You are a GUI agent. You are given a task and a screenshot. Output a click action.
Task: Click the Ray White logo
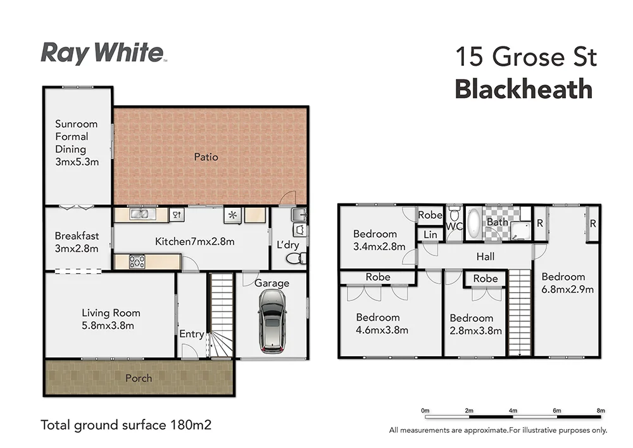[x=103, y=53]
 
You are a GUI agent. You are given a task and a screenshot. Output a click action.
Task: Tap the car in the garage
[x=272, y=326]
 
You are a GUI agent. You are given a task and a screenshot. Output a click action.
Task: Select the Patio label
[x=206, y=156]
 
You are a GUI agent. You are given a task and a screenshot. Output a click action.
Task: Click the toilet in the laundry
[x=296, y=259]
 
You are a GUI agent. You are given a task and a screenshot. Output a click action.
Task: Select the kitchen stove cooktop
[x=137, y=261]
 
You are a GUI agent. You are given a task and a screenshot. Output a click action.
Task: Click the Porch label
[x=139, y=378]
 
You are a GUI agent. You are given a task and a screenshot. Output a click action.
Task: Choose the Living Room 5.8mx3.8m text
[x=111, y=319]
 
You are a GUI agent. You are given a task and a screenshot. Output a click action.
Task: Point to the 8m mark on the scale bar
[x=600, y=411]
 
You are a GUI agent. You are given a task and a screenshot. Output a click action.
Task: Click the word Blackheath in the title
[x=523, y=89]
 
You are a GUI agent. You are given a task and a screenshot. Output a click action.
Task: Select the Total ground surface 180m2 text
[x=125, y=425]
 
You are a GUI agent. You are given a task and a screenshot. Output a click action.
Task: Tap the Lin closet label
[x=430, y=234]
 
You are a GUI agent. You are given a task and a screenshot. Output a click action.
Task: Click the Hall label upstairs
[x=486, y=257]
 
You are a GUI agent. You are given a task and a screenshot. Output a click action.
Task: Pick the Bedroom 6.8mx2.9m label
[x=567, y=283]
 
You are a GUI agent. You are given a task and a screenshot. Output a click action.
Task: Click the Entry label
[x=192, y=334]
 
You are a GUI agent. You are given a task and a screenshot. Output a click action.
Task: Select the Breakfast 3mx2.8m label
[x=76, y=242]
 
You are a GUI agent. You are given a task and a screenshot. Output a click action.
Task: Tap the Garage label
[x=272, y=283]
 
